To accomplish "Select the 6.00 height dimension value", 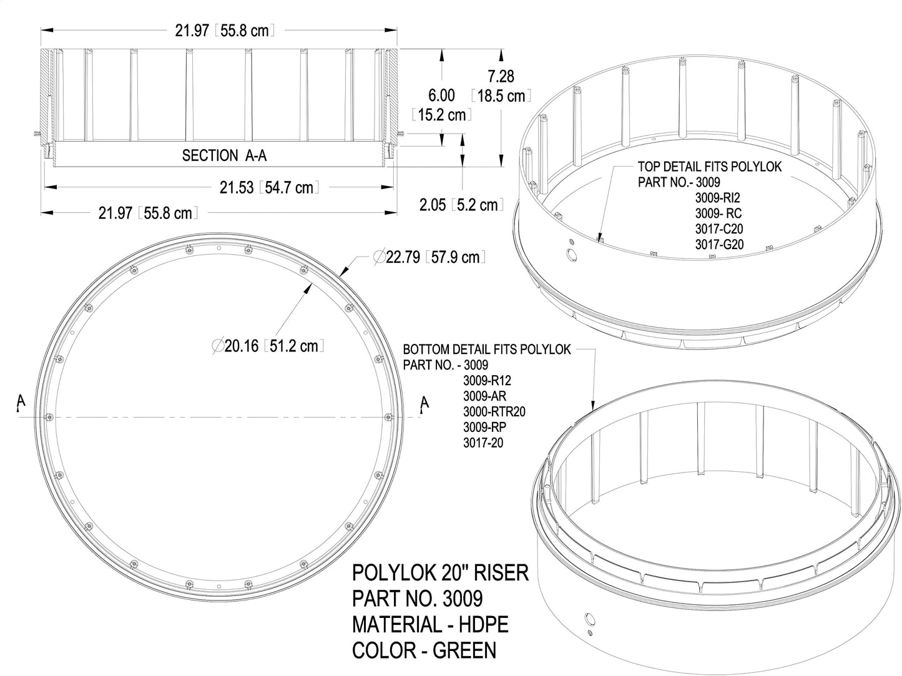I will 441,96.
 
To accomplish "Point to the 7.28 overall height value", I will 501,77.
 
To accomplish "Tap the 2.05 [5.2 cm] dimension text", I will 461,205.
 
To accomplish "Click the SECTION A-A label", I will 224,155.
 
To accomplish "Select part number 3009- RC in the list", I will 718,213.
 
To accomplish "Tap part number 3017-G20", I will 719,245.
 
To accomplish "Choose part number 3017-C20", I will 719,229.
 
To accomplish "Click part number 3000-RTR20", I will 494,412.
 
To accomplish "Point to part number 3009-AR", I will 484,396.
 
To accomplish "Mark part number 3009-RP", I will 484,428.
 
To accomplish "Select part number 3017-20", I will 483,443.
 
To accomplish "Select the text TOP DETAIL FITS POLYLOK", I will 709,167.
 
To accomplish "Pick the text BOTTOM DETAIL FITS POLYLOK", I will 486,350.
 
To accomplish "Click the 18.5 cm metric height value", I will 501,96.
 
